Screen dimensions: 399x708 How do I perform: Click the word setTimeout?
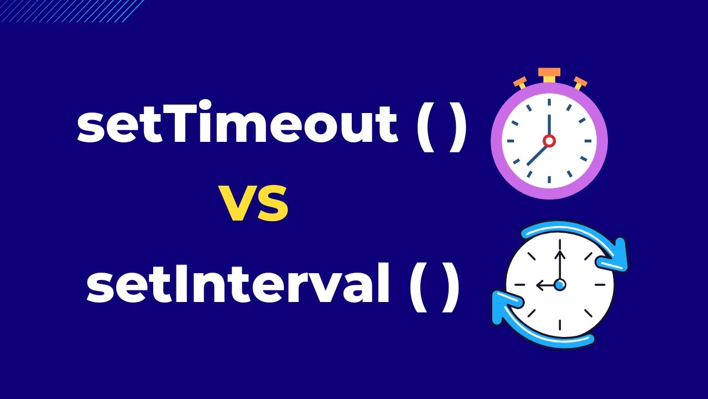pyautogui.click(x=237, y=125)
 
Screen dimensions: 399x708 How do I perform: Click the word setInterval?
pyautogui.click(x=238, y=286)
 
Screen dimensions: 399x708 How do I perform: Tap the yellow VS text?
pyautogui.click(x=254, y=204)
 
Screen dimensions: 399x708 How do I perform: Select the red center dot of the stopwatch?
pyautogui.click(x=549, y=141)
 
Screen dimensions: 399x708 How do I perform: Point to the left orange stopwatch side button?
pyautogui.click(x=520, y=83)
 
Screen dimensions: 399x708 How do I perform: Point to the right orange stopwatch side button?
pyautogui.click(x=579, y=83)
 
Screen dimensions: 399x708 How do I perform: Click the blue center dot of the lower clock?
pyautogui.click(x=560, y=285)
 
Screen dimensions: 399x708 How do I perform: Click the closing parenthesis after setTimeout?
pyautogui.click(x=458, y=126)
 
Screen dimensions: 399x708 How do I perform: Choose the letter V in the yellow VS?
pyautogui.click(x=239, y=204)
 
